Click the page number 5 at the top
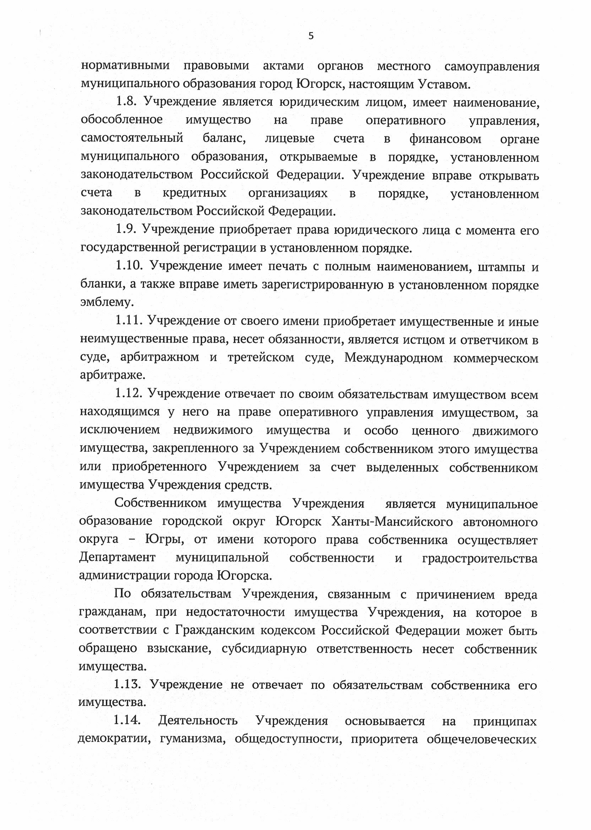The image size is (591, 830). click(x=311, y=36)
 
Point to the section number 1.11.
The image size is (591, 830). click(x=128, y=321)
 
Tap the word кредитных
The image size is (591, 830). click(x=194, y=193)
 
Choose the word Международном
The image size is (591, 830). click(x=394, y=357)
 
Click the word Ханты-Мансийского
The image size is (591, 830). click(x=392, y=522)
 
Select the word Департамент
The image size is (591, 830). click(x=117, y=558)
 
